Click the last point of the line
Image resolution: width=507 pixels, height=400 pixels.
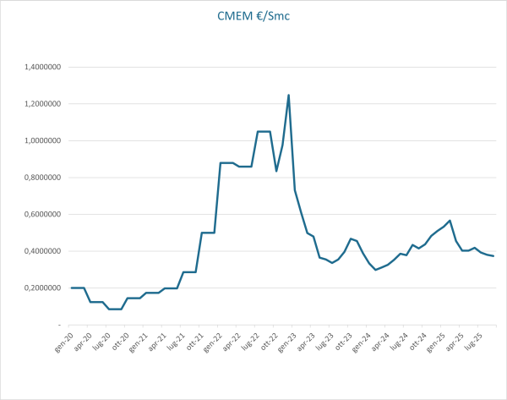(493, 256)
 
